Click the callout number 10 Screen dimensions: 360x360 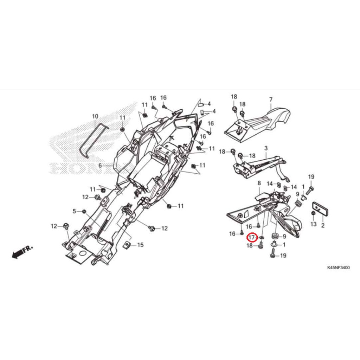pyautogui.click(x=95, y=116)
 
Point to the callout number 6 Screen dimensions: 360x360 pyautogui.click(x=100, y=165)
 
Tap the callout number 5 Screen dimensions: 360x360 pyautogui.click(x=74, y=211)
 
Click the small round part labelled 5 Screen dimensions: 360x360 pyautogui.click(x=84, y=211)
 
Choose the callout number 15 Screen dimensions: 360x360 pyautogui.click(x=140, y=245)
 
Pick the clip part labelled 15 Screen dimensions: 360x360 pyautogui.click(x=128, y=244)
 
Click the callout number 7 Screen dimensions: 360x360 pyautogui.click(x=271, y=99)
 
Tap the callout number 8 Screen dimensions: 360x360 pyautogui.click(x=259, y=183)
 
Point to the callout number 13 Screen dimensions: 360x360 pyautogui.click(x=313, y=224)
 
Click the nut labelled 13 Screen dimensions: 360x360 pyautogui.click(x=313, y=213)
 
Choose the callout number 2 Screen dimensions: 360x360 pyautogui.click(x=323, y=224)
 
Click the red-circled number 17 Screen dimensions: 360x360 pyautogui.click(x=251, y=238)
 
